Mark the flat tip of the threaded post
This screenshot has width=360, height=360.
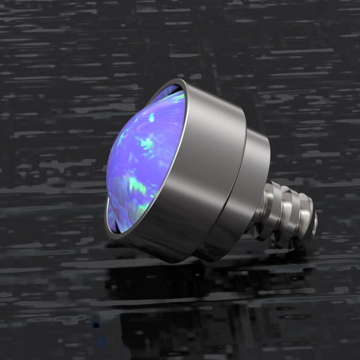pyautogui.click(x=312, y=223)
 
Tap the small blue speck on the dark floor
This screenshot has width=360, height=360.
pyautogui.click(x=95, y=325)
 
